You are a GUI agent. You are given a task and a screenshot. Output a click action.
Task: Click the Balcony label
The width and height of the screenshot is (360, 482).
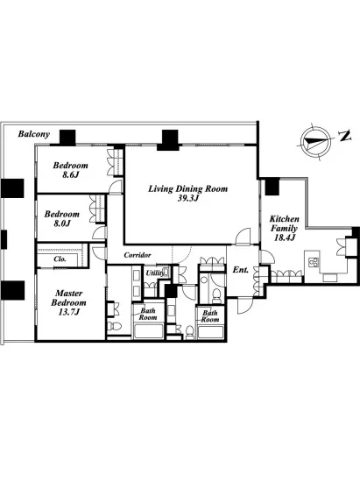(34, 134)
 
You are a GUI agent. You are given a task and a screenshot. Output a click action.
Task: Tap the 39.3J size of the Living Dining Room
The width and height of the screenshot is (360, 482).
(188, 198)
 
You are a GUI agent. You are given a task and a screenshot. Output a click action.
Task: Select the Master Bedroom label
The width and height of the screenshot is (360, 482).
(68, 298)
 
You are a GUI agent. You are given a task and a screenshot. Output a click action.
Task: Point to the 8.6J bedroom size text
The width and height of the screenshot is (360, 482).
(70, 175)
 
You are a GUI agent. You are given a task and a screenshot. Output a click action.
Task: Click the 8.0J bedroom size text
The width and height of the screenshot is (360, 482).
(61, 223)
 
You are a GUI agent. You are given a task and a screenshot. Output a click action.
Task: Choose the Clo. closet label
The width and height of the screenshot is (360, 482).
(60, 259)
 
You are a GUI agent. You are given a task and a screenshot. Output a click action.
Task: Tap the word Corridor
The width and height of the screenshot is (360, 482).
(138, 255)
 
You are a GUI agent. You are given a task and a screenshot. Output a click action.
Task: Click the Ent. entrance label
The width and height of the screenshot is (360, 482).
(240, 270)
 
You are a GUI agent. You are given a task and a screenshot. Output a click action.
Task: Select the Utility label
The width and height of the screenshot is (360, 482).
(155, 273)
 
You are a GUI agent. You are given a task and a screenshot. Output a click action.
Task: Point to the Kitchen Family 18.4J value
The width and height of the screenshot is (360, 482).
(284, 237)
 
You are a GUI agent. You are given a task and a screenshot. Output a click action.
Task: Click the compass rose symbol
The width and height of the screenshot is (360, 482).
(315, 141)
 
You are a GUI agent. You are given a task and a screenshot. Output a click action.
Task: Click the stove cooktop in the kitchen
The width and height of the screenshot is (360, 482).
(314, 262)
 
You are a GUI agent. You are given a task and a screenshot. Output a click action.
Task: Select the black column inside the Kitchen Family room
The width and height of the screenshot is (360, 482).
(272, 188)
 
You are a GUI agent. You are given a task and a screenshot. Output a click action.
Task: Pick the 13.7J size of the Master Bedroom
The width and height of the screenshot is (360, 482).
(69, 312)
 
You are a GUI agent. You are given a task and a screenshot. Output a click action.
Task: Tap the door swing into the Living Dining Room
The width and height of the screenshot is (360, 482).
(244, 237)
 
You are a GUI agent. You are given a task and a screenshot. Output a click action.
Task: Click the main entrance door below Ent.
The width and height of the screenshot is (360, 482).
(244, 305)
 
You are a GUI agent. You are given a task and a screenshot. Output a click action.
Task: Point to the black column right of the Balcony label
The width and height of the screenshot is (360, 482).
(67, 138)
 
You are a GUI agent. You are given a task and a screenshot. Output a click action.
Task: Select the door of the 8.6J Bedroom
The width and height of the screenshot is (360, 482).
(116, 188)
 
